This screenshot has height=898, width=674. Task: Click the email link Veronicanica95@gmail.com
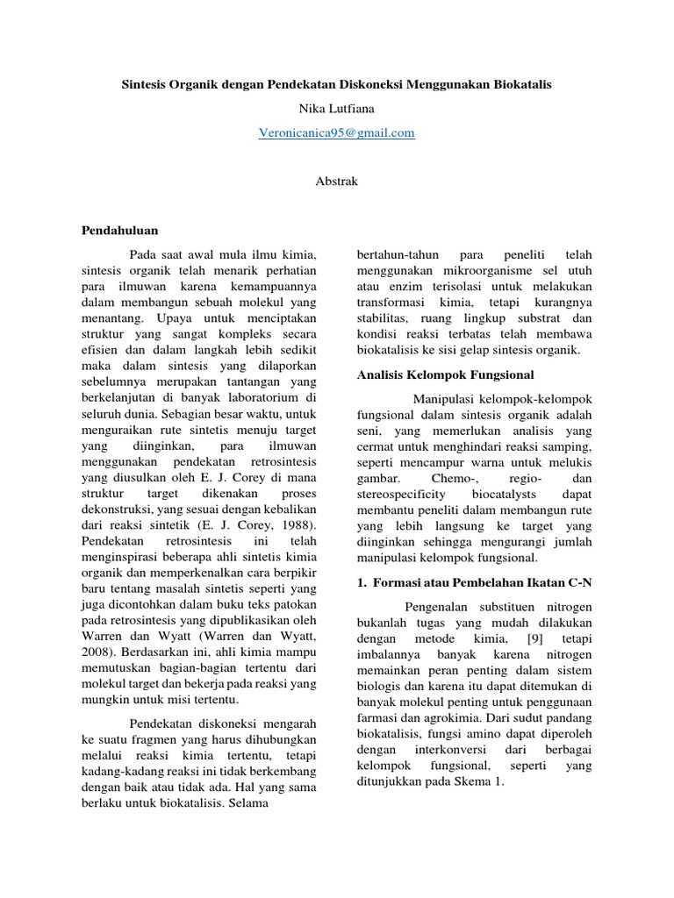(x=336, y=133)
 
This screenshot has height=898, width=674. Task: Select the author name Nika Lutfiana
(x=336, y=110)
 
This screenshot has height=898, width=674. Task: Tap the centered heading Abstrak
(x=336, y=181)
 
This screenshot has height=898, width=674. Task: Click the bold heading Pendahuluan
(x=119, y=231)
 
